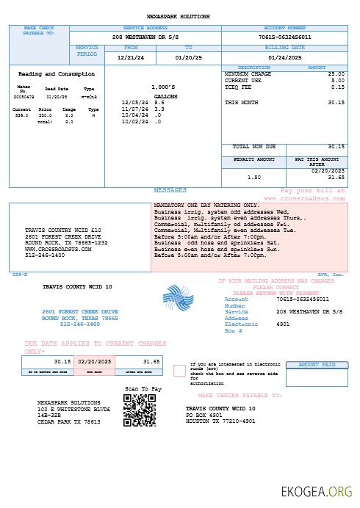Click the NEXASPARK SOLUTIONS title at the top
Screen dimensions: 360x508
click(179, 16)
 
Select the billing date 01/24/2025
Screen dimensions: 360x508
click(284, 57)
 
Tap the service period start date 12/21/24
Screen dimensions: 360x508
click(131, 57)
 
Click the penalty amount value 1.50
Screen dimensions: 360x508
click(254, 177)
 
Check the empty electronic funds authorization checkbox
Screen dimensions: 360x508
click(179, 370)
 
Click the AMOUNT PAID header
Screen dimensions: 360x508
click(316, 364)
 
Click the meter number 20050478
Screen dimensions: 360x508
click(25, 96)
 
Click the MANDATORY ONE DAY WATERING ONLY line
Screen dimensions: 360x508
click(206, 205)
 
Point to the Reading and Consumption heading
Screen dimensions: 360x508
click(56, 74)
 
